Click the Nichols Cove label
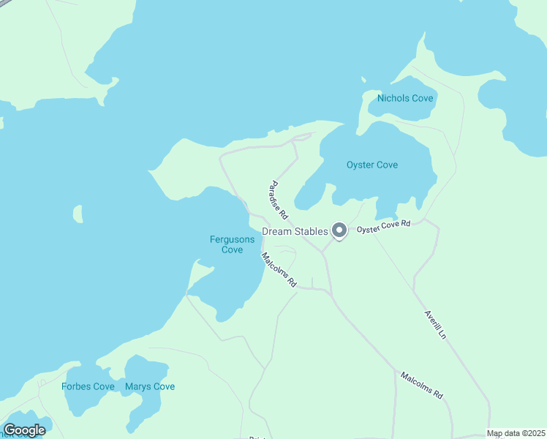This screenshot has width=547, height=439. point(405,98)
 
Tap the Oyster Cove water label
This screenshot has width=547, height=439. point(372,165)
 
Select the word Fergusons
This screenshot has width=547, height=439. point(232,239)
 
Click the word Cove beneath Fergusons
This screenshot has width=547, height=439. point(232,249)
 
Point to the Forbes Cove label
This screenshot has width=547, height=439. point(88,386)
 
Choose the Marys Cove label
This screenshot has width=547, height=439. point(150,386)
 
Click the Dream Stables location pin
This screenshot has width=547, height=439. point(339,230)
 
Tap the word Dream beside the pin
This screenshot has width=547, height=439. point(278,231)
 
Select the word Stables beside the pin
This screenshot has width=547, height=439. point(311,231)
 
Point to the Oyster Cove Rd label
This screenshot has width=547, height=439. point(384,228)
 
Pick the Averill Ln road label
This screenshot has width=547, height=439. point(435,324)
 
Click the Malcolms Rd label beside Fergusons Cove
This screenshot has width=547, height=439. point(279,269)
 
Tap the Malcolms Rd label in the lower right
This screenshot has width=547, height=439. point(422,386)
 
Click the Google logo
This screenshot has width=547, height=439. point(24,430)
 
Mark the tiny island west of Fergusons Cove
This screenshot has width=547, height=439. point(78,214)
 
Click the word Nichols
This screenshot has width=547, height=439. point(393,98)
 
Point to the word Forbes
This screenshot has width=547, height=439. point(77,386)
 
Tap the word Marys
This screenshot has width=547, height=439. point(138,386)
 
